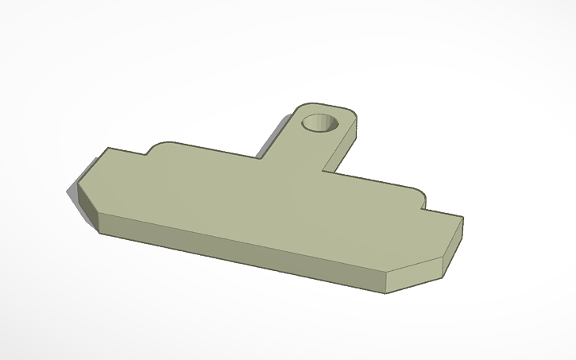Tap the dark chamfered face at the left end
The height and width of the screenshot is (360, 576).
tap(83, 203)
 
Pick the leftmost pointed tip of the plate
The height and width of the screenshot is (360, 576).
tap(67, 189)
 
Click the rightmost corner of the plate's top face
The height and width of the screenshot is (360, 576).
tap(462, 219)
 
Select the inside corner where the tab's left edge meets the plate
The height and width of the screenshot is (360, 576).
tap(257, 157)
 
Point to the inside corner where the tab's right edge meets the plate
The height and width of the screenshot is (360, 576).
tap(323, 170)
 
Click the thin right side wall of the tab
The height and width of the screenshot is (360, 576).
tap(342, 151)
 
